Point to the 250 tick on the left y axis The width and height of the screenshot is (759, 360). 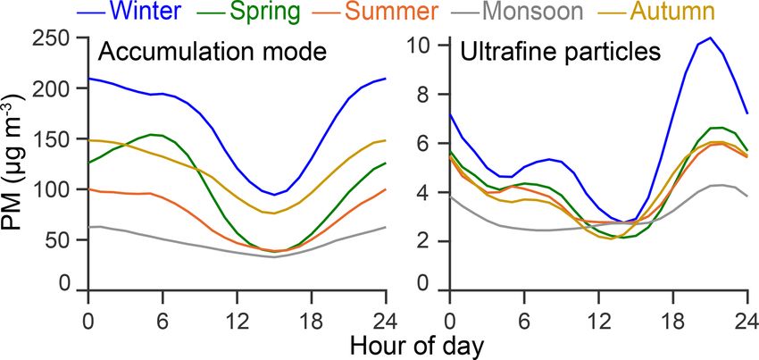click(x=55, y=40)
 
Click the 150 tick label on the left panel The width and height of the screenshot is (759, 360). click(x=55, y=140)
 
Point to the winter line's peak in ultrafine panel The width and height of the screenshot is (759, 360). click(x=710, y=38)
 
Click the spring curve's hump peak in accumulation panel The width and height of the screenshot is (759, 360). click(x=152, y=135)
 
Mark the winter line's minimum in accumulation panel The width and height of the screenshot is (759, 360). click(x=277, y=195)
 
